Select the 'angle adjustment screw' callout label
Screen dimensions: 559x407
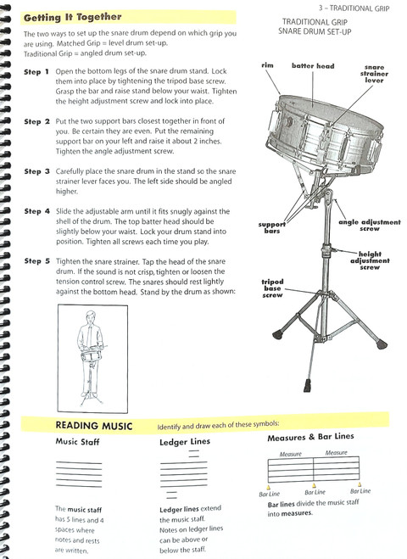point(369,225)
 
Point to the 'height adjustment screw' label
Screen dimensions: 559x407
point(369,260)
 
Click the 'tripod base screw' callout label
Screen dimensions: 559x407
point(273,288)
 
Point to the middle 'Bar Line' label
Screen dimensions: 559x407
point(314,492)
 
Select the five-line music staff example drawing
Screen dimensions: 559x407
point(78,472)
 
